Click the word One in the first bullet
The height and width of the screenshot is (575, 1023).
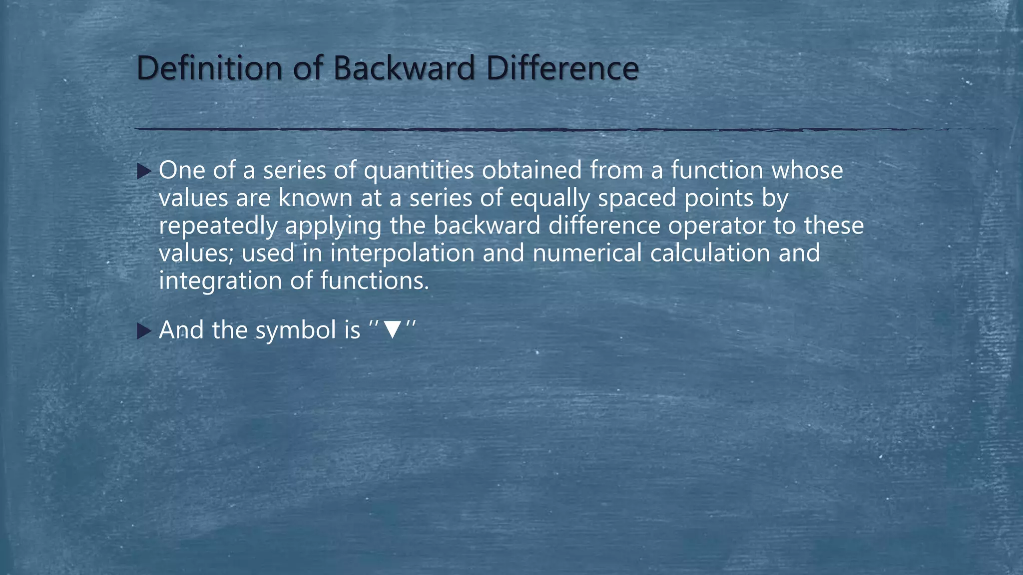(x=182, y=170)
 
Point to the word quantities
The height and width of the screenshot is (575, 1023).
(x=419, y=171)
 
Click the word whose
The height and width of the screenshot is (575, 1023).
(x=807, y=170)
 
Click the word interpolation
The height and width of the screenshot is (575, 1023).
(x=402, y=254)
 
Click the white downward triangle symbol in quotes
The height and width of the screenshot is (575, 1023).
(x=392, y=330)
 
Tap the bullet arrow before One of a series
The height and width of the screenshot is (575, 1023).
(x=144, y=172)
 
